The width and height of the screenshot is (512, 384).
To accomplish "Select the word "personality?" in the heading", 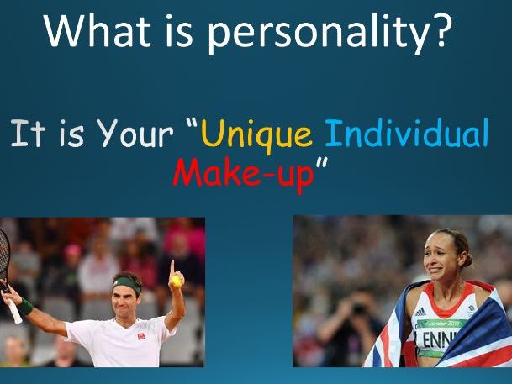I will pyautogui.click(x=328, y=35).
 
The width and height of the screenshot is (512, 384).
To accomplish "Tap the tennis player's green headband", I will pyautogui.click(x=129, y=283).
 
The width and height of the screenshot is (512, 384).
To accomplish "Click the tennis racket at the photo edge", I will pyautogui.click(x=8, y=269).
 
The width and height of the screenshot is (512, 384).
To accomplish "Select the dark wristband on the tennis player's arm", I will pyautogui.click(x=26, y=308).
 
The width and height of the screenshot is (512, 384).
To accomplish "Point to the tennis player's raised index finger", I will pyautogui.click(x=172, y=267).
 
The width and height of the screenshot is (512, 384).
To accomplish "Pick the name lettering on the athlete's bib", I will pyautogui.click(x=442, y=341).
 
